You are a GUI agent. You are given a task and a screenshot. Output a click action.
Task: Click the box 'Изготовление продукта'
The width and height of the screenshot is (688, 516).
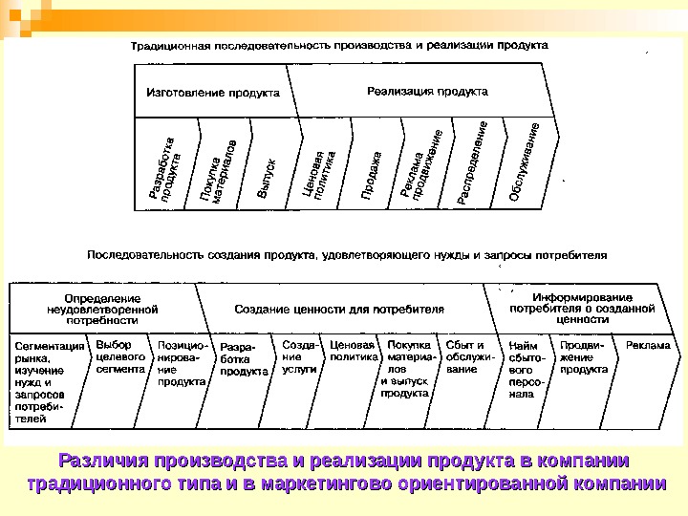coord(212,93)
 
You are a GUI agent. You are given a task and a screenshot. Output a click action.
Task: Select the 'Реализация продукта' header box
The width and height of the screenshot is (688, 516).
coord(427,92)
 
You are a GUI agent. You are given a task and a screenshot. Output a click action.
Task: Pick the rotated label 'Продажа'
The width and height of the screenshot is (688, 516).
coord(373,173)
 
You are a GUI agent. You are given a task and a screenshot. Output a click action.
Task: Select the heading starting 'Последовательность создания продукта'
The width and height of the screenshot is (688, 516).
coord(347,256)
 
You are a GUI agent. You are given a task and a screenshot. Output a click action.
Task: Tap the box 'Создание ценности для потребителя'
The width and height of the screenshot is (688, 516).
coord(340,309)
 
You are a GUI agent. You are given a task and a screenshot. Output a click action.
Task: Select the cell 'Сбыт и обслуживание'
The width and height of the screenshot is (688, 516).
coord(465,355)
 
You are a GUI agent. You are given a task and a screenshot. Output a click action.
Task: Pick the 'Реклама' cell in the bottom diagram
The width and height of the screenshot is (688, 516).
coord(648,345)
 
